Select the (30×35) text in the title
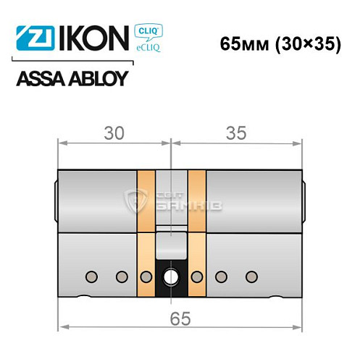click(x=307, y=42)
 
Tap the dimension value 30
click(x=114, y=133)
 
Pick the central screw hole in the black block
click(x=173, y=276)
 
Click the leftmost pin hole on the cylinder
click(x=92, y=276)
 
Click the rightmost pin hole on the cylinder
click(x=251, y=276)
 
